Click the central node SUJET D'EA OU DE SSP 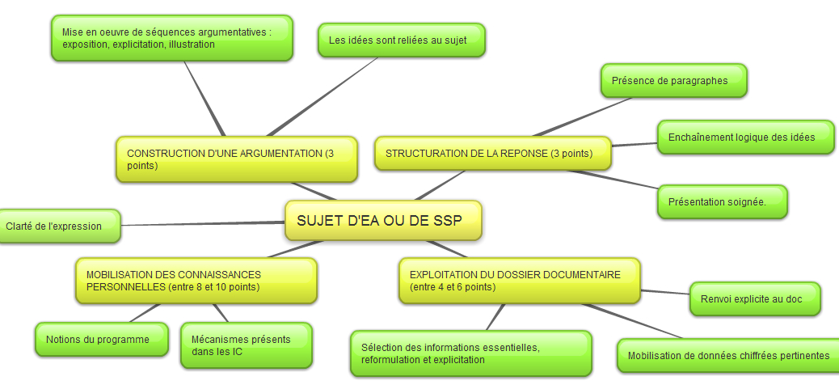(x=383, y=221)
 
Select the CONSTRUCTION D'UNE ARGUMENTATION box (x=237, y=159)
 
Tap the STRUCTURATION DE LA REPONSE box (x=493, y=154)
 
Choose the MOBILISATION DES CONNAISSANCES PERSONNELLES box (x=196, y=281)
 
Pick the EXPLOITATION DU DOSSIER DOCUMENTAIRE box (x=520, y=281)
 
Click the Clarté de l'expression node (x=59, y=226)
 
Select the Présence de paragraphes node (x=673, y=81)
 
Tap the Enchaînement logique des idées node (x=745, y=137)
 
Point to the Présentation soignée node (x=723, y=202)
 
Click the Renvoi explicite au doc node (x=755, y=298)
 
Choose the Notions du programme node (x=102, y=340)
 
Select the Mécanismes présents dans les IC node (x=247, y=345)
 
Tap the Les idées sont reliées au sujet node (x=401, y=40)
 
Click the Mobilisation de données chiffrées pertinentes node (x=728, y=356)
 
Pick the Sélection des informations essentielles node (x=471, y=353)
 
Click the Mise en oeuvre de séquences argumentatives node (x=171, y=38)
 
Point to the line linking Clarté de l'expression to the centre (x=203, y=224)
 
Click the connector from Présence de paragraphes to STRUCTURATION (x=583, y=116)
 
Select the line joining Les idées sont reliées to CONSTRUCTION (x=323, y=97)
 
